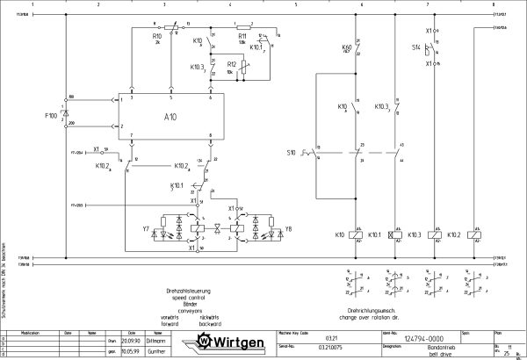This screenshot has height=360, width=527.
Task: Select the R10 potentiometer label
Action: (156, 37)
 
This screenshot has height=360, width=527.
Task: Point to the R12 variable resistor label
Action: (230, 64)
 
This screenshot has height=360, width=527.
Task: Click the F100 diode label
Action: (51, 114)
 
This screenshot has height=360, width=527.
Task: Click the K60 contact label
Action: (345, 47)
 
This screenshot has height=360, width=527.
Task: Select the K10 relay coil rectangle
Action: (353, 235)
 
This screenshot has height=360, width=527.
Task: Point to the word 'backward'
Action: (211, 323)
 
